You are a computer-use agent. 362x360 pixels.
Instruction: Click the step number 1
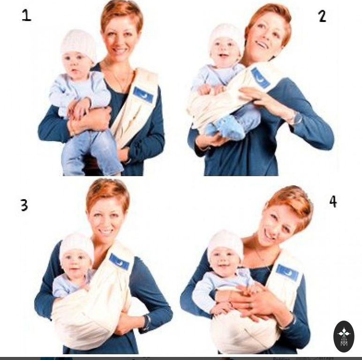26,15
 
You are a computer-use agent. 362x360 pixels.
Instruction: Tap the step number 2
322,16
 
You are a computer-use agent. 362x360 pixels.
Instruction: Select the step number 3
24,205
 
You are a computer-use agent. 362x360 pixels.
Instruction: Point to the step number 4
333,202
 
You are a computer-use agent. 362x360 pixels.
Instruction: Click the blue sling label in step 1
143,95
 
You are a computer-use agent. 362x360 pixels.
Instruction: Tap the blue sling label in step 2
261,78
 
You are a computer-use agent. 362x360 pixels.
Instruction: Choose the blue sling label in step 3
119,262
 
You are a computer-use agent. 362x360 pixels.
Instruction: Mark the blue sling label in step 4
287,272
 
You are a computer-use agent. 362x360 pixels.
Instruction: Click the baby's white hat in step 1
79,45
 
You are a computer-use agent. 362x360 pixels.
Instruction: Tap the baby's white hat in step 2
226,37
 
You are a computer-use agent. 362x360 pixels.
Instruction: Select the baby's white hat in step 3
76,247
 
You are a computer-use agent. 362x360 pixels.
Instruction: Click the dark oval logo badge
344,336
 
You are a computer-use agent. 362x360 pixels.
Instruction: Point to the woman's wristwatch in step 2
297,118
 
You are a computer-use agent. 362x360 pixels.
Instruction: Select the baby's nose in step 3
74,263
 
